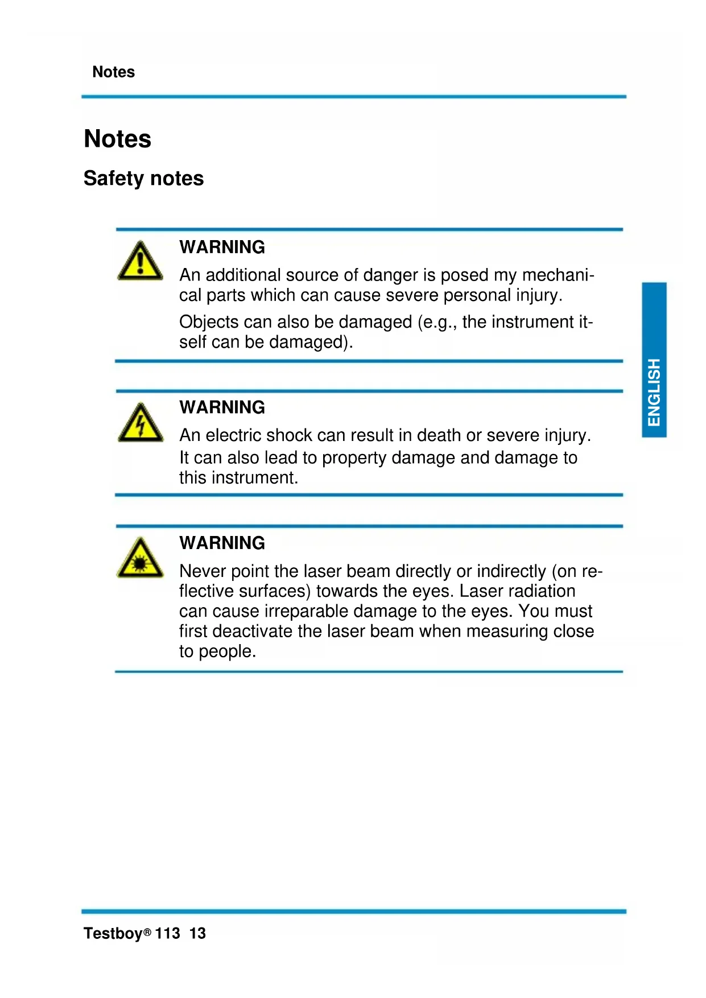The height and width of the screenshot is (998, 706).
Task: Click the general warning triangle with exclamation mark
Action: tap(140, 262)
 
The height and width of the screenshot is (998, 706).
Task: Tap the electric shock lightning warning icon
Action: tap(140, 423)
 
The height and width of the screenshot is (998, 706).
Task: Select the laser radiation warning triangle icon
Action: tap(140, 559)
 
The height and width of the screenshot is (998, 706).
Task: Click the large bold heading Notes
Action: tap(118, 139)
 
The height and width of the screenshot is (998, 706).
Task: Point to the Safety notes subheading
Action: tap(143, 178)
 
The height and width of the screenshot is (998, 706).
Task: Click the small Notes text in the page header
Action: tap(113, 72)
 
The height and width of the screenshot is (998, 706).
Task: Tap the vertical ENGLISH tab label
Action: tap(654, 392)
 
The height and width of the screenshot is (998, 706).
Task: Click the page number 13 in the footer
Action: tap(197, 933)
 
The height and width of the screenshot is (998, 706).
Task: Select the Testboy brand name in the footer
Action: tap(113, 933)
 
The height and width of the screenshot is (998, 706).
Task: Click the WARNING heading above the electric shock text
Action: tap(222, 407)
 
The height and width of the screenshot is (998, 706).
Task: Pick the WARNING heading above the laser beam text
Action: tap(222, 543)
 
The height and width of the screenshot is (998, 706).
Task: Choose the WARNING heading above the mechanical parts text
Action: tap(222, 247)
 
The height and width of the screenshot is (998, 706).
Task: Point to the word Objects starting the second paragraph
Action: tap(209, 322)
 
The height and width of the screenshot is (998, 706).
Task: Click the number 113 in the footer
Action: tap(167, 933)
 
